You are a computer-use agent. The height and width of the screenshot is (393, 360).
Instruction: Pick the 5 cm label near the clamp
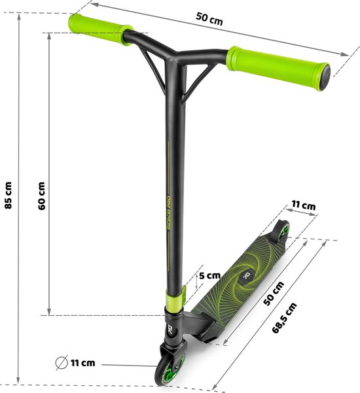pyautogui.click(x=209, y=275)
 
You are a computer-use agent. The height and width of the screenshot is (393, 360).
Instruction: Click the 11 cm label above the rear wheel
pyautogui.click(x=303, y=206)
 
